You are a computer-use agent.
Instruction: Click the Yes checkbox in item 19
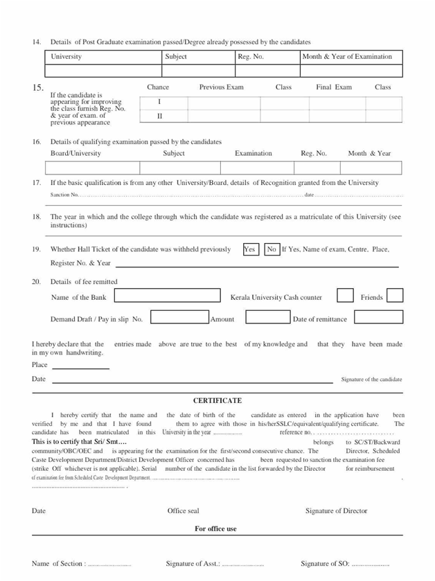[250, 249]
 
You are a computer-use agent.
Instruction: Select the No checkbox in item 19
[272, 249]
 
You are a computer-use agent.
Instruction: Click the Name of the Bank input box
[167, 296]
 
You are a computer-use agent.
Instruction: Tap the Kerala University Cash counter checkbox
[345, 296]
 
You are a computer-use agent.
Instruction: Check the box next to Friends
[395, 296]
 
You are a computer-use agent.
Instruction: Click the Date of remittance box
[378, 318]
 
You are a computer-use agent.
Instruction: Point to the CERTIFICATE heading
[217, 400]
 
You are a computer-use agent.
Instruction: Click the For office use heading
[215, 528]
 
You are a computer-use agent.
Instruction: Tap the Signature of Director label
[337, 511]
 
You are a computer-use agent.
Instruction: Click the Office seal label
[183, 511]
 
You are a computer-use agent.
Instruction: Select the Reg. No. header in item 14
[250, 57]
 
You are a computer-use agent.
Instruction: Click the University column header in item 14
[66, 57]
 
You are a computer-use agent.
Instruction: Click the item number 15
[38, 88]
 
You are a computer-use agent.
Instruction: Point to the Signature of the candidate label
[371, 379]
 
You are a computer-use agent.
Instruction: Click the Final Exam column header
[334, 87]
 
